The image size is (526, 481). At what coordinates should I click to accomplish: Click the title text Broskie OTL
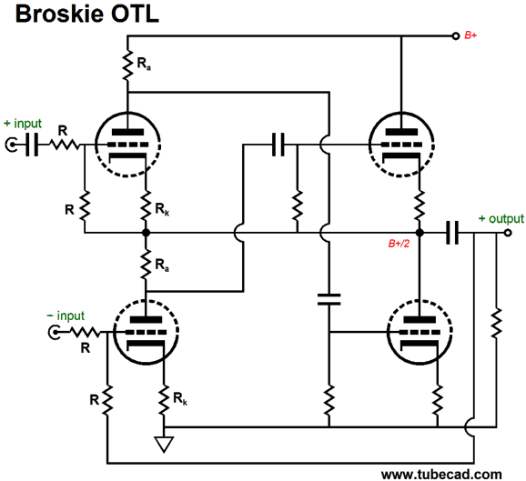(87, 14)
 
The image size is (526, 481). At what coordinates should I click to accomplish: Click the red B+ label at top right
(470, 35)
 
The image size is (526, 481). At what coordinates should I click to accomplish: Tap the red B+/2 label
(399, 244)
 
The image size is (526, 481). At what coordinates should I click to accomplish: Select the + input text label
(23, 124)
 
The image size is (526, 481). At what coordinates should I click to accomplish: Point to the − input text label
(66, 316)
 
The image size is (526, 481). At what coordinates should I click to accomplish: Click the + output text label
(501, 218)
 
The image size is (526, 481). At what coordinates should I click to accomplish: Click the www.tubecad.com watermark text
(441, 475)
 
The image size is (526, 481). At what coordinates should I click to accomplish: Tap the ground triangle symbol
(164, 444)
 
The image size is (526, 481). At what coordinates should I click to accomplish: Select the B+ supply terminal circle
(455, 35)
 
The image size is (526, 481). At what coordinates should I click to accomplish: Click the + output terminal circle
(508, 233)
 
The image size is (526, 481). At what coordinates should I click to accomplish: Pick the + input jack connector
(12, 145)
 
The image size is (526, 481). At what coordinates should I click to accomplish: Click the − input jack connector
(54, 332)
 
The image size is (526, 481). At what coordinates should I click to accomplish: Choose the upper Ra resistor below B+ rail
(127, 65)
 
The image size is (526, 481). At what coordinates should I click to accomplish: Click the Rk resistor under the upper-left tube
(146, 205)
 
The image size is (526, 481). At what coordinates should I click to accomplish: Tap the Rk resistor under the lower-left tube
(164, 400)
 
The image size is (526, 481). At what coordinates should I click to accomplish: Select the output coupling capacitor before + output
(452, 233)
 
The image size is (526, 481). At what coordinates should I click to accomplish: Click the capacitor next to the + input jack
(32, 145)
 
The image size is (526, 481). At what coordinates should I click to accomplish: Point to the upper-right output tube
(401, 145)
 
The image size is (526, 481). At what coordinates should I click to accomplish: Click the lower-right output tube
(420, 332)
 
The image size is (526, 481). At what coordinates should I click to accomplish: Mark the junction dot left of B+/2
(420, 233)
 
